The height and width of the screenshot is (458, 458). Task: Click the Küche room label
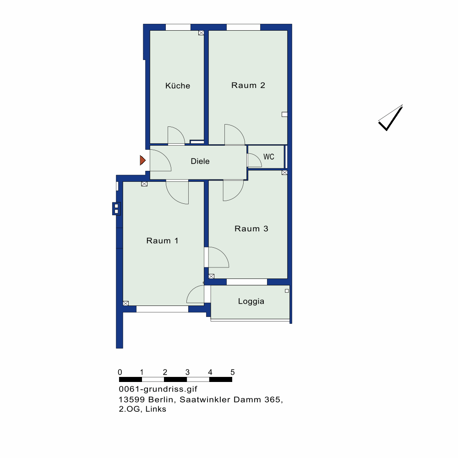pyautogui.click(x=178, y=86)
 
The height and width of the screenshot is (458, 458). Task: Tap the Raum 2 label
pyautogui.click(x=248, y=85)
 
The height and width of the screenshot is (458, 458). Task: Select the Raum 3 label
pyautogui.click(x=251, y=229)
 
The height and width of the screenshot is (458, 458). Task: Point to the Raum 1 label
pyautogui.click(x=162, y=241)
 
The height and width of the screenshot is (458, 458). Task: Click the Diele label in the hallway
pyautogui.click(x=200, y=161)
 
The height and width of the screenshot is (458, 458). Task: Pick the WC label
pyautogui.click(x=269, y=157)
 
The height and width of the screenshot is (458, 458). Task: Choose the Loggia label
pyautogui.click(x=251, y=301)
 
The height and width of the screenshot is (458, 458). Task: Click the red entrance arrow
pyautogui.click(x=142, y=160)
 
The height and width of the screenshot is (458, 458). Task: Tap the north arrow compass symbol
pyautogui.click(x=391, y=117)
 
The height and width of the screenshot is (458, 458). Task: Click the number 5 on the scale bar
pyautogui.click(x=233, y=372)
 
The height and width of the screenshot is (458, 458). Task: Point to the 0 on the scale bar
pyautogui.click(x=120, y=372)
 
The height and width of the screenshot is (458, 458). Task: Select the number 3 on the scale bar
pyautogui.click(x=187, y=372)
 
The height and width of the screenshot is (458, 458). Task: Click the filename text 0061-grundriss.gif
pyautogui.click(x=158, y=389)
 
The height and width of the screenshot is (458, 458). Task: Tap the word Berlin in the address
pyautogui.click(x=162, y=399)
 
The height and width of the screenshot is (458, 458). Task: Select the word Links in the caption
pyautogui.click(x=156, y=409)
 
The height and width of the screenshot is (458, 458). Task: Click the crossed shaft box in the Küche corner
pyautogui.click(x=201, y=33)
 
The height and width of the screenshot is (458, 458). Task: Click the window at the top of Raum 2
pyautogui.click(x=243, y=27)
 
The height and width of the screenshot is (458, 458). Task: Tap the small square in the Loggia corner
pyautogui.click(x=287, y=291)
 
